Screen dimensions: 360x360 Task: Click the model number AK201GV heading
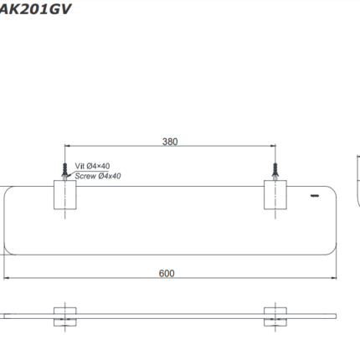point(35,9)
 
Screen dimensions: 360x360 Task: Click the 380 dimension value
point(170,141)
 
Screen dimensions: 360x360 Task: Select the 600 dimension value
point(167,273)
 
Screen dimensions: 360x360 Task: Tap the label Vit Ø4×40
point(92,166)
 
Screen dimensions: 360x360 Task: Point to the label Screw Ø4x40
point(98,176)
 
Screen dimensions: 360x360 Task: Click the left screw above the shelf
point(64,170)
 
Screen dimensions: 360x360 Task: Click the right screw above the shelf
point(275,170)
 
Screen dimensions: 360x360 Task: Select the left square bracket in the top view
point(64,195)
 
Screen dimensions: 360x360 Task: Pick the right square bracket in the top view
point(275,195)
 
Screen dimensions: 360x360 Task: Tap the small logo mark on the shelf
point(315,196)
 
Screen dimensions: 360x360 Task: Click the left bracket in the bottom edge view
point(64,316)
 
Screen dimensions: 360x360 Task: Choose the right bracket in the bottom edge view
point(275,316)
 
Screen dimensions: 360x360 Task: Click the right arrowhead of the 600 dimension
point(334,278)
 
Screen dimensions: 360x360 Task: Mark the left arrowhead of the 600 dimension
point(7,278)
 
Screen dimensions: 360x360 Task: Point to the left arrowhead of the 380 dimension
point(67,146)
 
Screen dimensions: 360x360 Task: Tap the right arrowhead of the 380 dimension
point(273,146)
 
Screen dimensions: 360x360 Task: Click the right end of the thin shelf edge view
point(337,316)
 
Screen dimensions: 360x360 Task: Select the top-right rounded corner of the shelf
point(333,189)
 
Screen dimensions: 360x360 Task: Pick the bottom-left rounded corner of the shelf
point(8,251)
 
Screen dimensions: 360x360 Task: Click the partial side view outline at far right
point(358,182)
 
